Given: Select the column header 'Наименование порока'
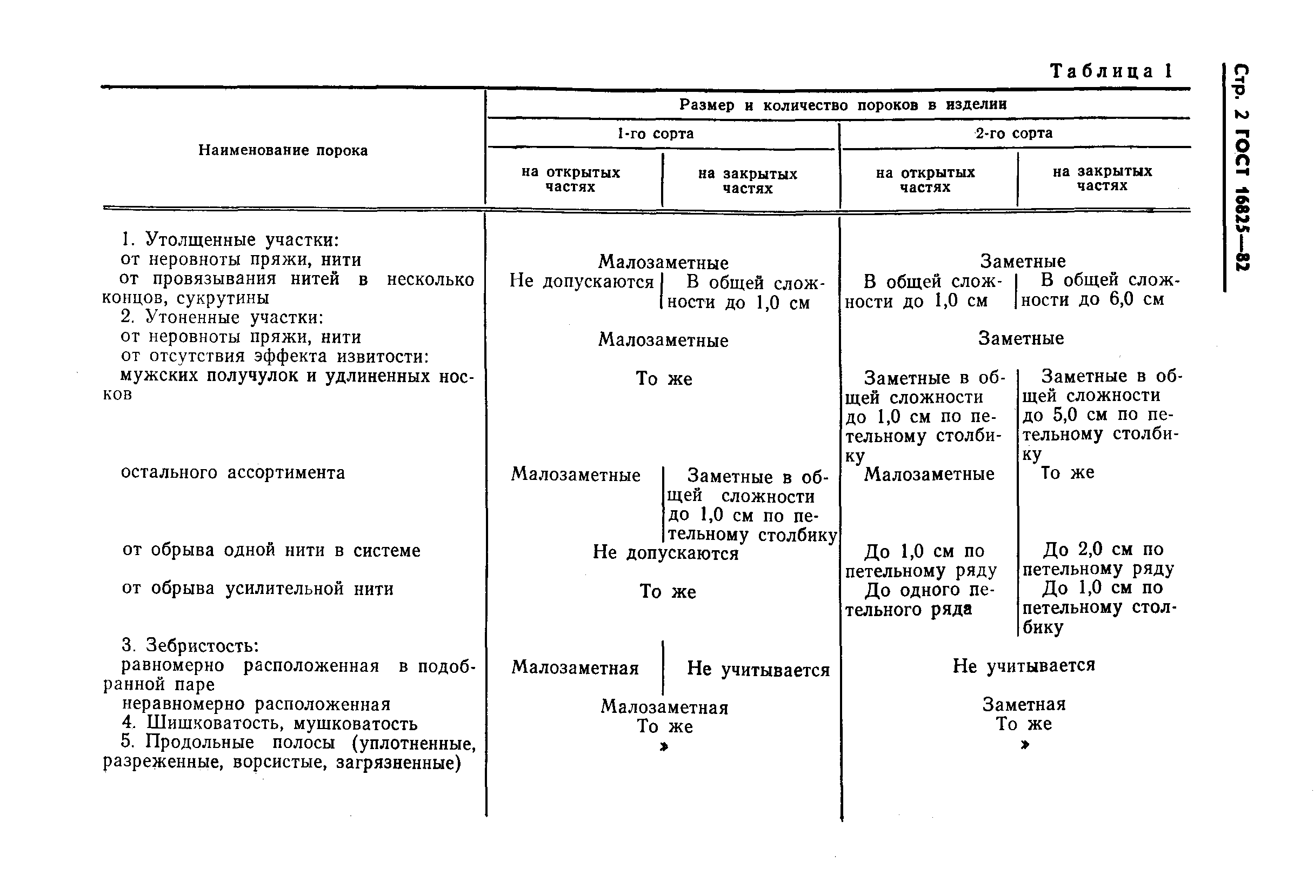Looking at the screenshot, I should coord(283,150).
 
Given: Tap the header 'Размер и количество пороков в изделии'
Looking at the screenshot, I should coord(843,105).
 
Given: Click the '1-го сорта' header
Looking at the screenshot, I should coord(655,133).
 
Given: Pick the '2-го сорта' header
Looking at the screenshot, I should coord(1014,133).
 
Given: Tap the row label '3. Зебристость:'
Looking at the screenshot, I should coord(190,646).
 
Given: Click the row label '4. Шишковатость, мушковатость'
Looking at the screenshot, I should coord(270,723).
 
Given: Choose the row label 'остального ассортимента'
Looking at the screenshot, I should coord(232,473).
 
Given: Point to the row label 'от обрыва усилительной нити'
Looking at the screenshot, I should coord(258,589).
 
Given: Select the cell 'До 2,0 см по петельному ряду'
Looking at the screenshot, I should coord(1098,559).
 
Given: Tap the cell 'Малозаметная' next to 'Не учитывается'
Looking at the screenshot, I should coord(575,668).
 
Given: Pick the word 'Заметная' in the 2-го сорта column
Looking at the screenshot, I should coord(1024,704).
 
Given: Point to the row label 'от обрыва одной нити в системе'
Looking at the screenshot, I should coord(271,551).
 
